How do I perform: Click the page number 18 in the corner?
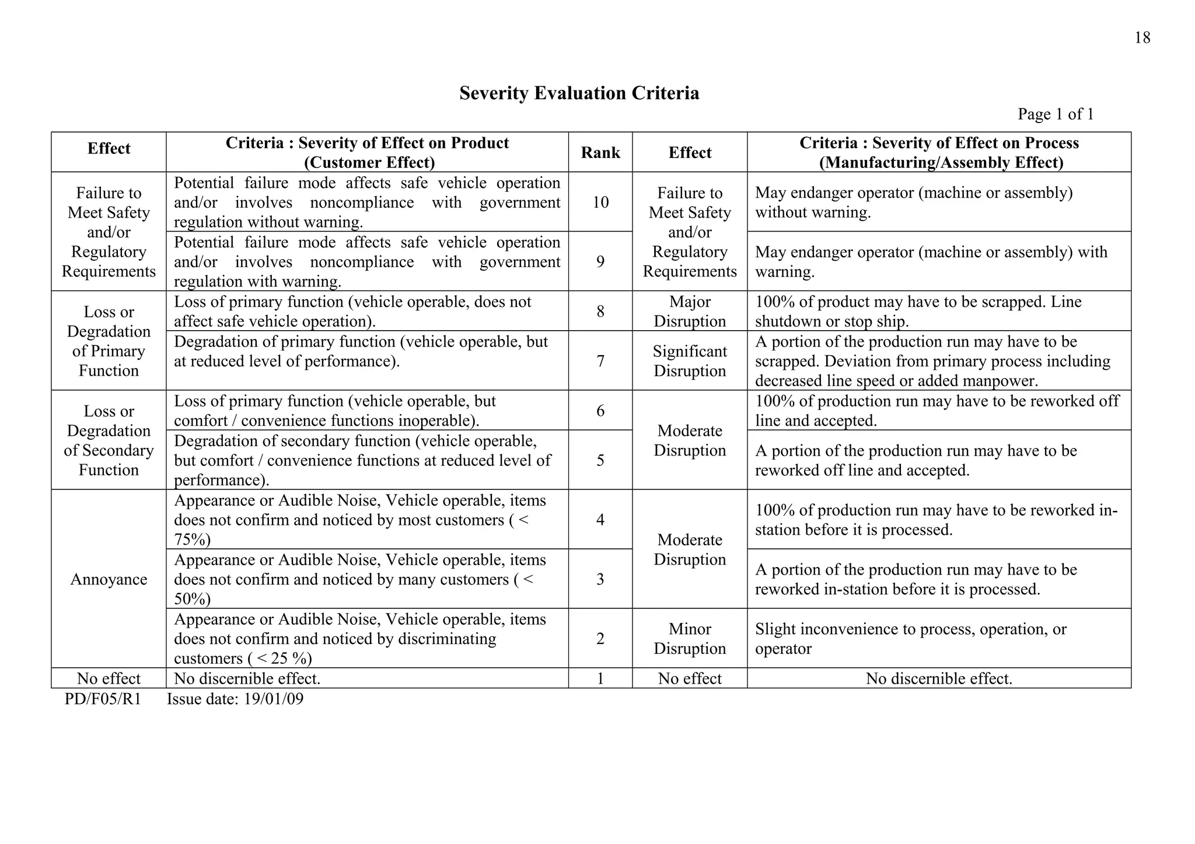tap(1142, 38)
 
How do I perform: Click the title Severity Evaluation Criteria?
tap(579, 93)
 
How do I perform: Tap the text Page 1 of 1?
tap(1056, 114)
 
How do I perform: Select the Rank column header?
tap(600, 153)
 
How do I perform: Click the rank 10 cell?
tap(600, 202)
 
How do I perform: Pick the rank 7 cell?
tap(600, 361)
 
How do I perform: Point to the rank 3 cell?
tap(600, 579)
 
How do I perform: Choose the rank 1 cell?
tap(600, 678)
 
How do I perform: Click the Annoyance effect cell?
tap(109, 579)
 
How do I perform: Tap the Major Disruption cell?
tap(690, 311)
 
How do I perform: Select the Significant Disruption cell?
tap(690, 361)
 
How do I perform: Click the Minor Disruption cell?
tap(690, 639)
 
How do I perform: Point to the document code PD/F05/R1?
tap(103, 699)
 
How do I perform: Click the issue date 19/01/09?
tap(273, 699)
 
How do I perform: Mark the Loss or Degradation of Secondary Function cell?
tap(109, 440)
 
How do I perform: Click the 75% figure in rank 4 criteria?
tap(192, 540)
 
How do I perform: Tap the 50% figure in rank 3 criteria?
tap(192, 600)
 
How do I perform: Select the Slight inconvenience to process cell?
tap(910, 639)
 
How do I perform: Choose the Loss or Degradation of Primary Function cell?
tap(109, 341)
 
